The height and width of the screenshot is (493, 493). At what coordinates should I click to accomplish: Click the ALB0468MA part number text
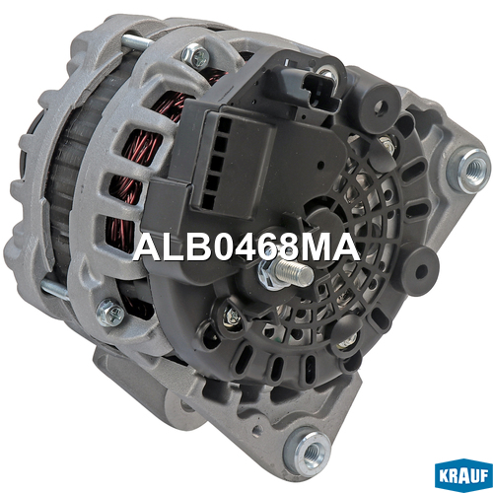246,247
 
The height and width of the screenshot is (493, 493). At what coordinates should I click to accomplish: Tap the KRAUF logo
463,475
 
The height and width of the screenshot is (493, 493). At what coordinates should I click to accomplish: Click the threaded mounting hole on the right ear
472,171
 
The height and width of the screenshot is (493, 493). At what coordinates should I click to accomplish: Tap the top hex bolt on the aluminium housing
196,56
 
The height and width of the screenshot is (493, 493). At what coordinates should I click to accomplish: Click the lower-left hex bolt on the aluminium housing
110,313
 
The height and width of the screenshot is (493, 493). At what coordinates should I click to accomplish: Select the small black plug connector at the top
320,91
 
